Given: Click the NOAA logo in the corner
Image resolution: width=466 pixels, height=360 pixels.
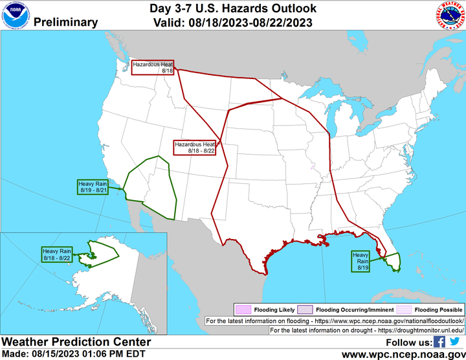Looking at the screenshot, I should click(14, 15).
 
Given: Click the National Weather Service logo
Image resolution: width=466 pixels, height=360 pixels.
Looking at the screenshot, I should click(450, 15).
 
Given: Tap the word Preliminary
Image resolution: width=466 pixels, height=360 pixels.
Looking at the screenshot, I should click(65, 22).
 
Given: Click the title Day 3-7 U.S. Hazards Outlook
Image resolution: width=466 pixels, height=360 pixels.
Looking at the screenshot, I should click(233, 8).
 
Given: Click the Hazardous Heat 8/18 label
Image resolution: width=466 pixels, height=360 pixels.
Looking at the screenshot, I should click(153, 67).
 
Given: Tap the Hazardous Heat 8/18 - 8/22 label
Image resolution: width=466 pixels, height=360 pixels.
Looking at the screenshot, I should click(194, 147).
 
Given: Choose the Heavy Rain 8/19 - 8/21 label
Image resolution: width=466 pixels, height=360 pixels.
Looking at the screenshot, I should click(92, 187).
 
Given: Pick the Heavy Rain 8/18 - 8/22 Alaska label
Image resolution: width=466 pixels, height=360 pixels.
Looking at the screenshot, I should click(57, 254).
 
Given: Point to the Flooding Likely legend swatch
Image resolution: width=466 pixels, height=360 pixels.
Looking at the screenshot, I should click(242, 310).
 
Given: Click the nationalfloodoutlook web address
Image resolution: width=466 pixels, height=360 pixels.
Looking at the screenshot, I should click(394, 321).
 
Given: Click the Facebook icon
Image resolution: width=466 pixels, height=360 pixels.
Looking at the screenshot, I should click(439, 342).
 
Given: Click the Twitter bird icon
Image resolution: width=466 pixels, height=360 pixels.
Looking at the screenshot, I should click(455, 342).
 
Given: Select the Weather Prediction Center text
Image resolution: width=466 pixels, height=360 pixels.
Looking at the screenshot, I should click(76, 342).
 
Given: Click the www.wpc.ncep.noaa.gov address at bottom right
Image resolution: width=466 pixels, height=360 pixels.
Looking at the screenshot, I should click(403, 354).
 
